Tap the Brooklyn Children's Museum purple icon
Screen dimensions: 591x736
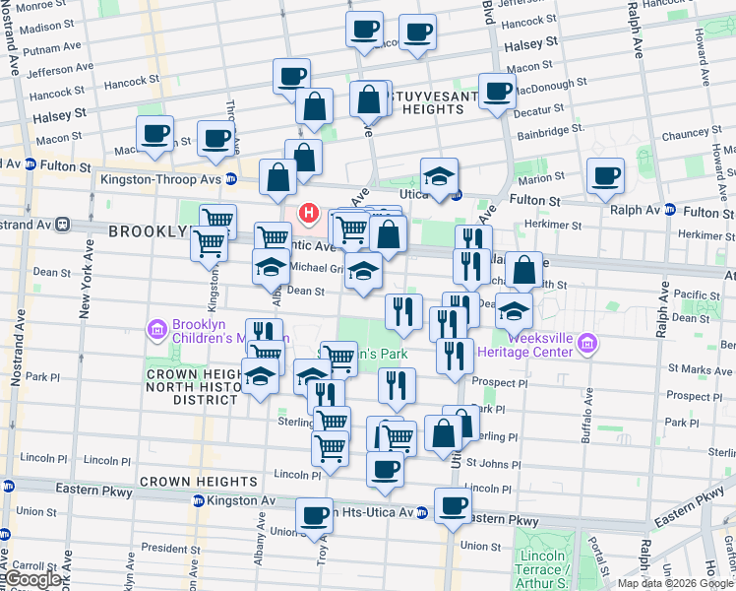[x=156, y=328]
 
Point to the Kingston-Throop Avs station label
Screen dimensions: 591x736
[x=161, y=179]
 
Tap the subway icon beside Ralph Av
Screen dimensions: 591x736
[x=669, y=210]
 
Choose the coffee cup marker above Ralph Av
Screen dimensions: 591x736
[x=605, y=175]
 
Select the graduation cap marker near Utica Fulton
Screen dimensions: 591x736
[x=439, y=176]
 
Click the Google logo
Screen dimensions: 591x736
[x=33, y=579]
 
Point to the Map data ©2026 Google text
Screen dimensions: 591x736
[x=674, y=583]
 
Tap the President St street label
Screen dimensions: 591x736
[x=164, y=548]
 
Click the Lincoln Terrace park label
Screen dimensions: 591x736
[x=541, y=562]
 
